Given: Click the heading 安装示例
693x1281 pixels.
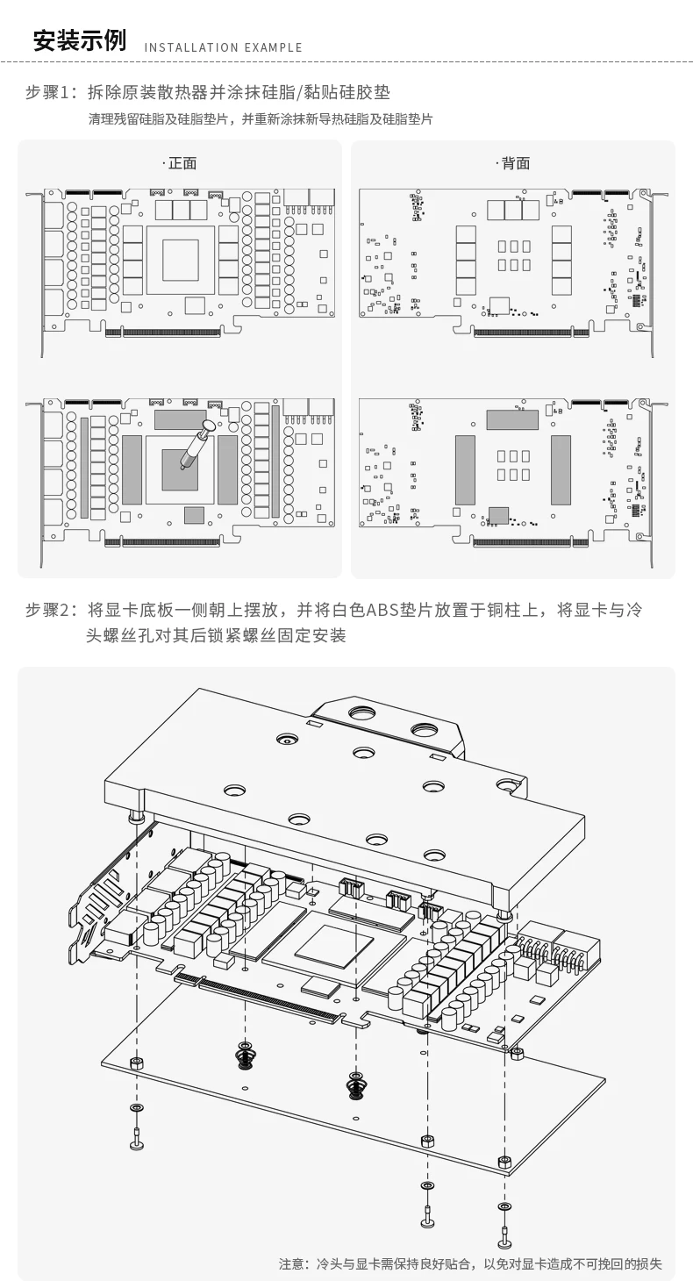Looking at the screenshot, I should tap(79, 40).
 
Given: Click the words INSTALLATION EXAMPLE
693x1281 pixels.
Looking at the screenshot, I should tap(223, 47).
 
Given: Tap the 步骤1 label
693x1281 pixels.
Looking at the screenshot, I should tap(50, 92).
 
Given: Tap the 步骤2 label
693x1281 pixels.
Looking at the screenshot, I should tap(50, 611).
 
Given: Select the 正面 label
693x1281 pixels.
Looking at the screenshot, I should tap(182, 163).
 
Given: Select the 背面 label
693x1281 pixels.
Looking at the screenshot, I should tap(515, 163).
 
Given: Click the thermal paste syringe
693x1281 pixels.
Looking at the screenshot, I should tap(195, 446).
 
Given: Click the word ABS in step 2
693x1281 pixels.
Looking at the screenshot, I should tap(382, 611).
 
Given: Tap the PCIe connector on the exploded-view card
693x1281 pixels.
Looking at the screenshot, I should tap(263, 999).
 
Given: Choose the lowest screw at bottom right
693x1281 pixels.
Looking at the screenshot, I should tap(504, 1236).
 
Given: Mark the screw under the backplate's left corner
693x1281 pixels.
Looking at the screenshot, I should tap(137, 1138).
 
